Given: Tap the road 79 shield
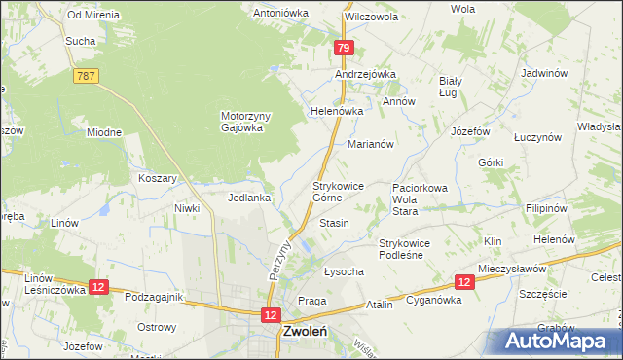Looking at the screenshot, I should coord(344,48).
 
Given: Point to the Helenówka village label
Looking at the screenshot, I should coord(336,111).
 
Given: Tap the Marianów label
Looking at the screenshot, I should coord(370,144).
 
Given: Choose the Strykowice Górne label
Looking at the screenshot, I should coord(339,191).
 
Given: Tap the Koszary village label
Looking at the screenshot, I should coord(158,179).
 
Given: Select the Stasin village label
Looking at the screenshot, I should coord(334,224).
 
